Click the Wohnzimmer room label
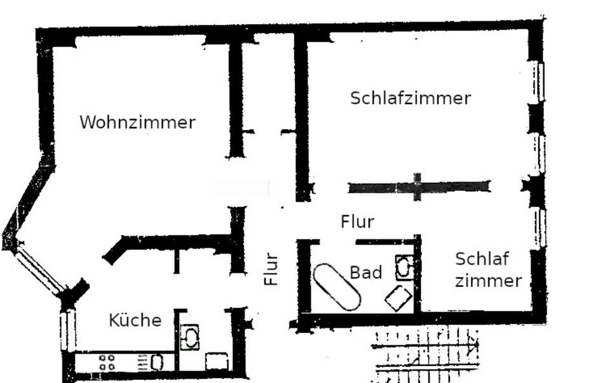pyautogui.click(x=137, y=122)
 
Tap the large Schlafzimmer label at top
pyautogui.click(x=410, y=98)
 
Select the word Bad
pyautogui.click(x=366, y=272)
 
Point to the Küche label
pyautogui.click(x=135, y=320)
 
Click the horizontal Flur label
pyautogui.click(x=357, y=222)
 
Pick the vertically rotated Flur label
pyautogui.click(x=271, y=269)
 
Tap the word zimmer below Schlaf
pyautogui.click(x=489, y=281)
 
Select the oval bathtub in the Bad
pyautogui.click(x=337, y=286)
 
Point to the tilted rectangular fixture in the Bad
pyautogui.click(x=398, y=298)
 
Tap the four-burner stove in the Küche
pyautogui.click(x=107, y=363)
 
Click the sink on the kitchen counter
pyautogui.click(x=157, y=363)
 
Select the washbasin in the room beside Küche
pyautogui.click(x=189, y=337)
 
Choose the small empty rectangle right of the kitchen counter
pyautogui.click(x=217, y=361)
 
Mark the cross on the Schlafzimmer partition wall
pyautogui.click(x=417, y=187)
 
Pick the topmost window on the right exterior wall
pyautogui.click(x=538, y=81)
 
